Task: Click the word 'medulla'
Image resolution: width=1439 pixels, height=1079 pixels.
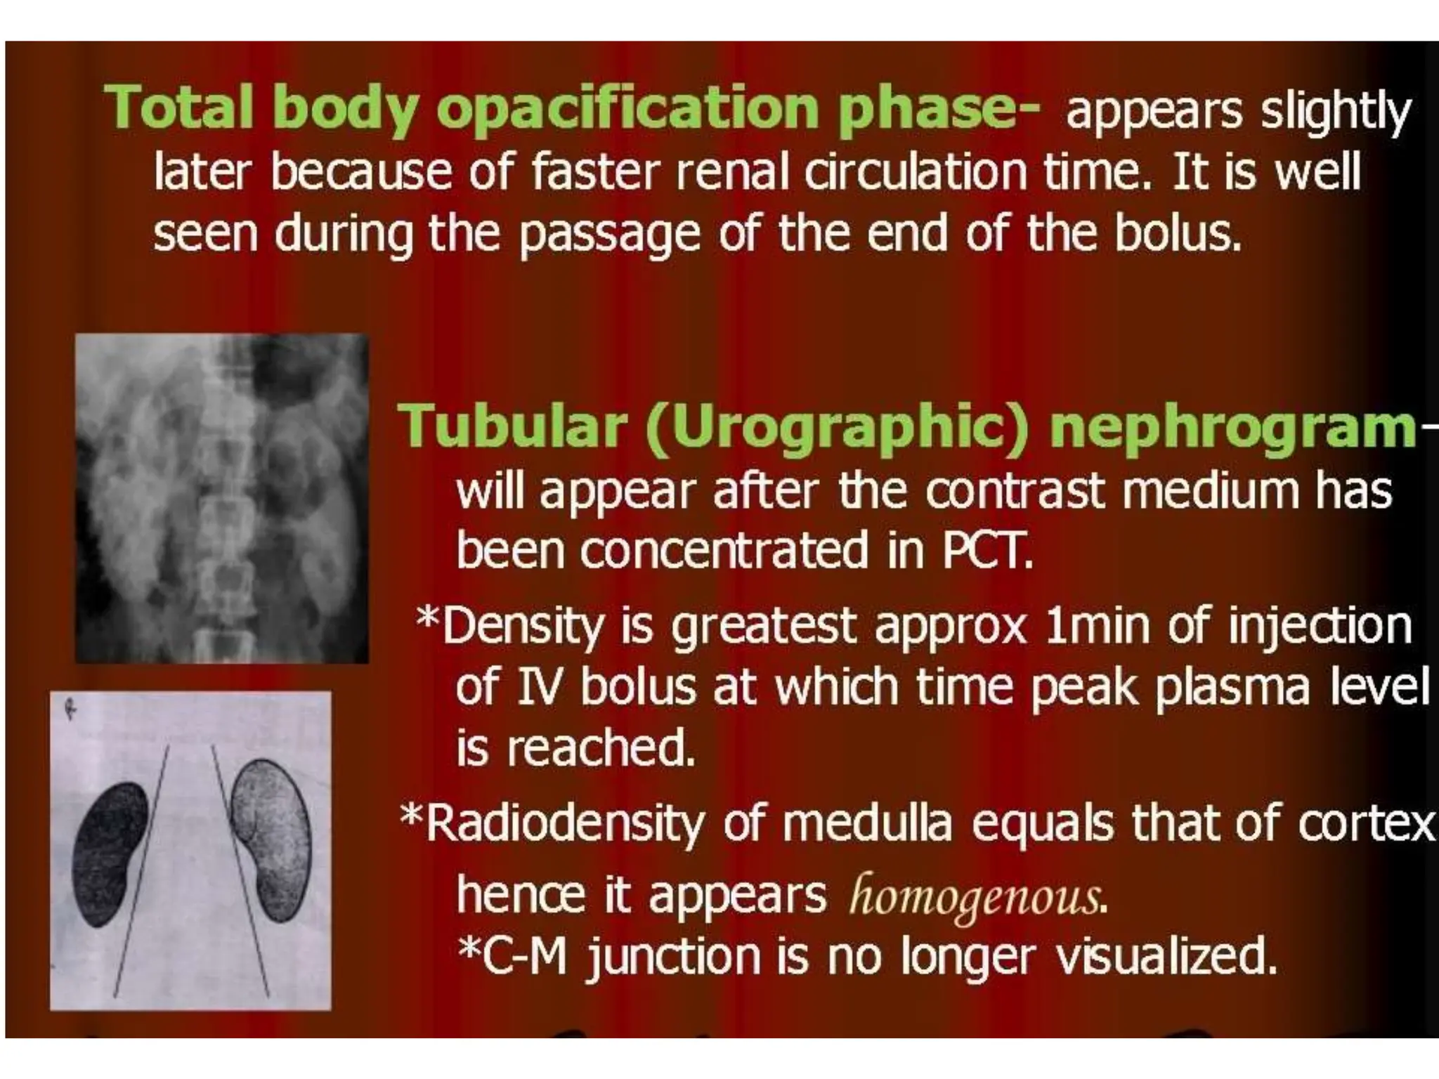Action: (867, 823)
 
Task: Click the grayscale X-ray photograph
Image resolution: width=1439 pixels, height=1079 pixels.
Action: (221, 498)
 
